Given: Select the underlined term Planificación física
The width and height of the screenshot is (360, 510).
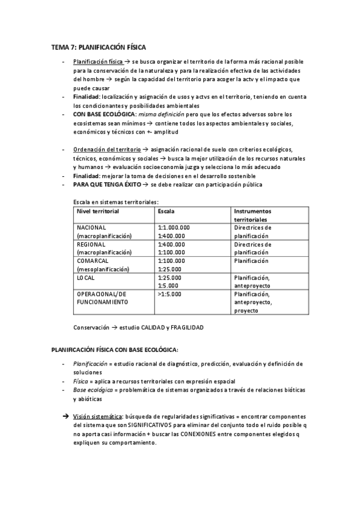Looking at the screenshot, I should point(98,62).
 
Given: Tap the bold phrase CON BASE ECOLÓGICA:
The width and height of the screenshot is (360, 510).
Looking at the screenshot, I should point(105,114).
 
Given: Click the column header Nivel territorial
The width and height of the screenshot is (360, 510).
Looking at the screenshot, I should point(98,212).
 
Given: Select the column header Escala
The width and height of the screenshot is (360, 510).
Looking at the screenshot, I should point(166,212).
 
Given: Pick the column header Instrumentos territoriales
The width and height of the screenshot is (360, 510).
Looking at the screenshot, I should point(252,216).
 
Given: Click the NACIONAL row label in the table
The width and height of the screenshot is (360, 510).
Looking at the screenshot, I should point(92,228).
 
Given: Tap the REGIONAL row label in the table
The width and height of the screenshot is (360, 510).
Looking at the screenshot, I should point(91,245).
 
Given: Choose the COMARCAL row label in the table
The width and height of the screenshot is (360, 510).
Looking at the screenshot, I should point(93,262).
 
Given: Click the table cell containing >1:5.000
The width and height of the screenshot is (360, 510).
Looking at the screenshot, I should point(169,294).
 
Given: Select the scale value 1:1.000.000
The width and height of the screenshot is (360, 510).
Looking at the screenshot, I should point(174,228).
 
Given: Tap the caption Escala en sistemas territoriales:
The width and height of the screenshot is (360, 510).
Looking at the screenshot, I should point(116,203).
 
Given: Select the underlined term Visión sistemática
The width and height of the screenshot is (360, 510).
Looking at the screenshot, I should point(98,417).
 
